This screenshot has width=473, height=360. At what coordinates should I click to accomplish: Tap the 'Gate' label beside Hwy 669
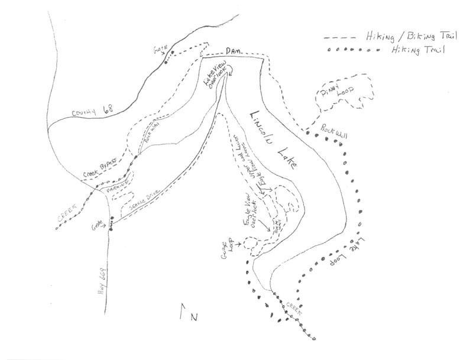97,225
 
